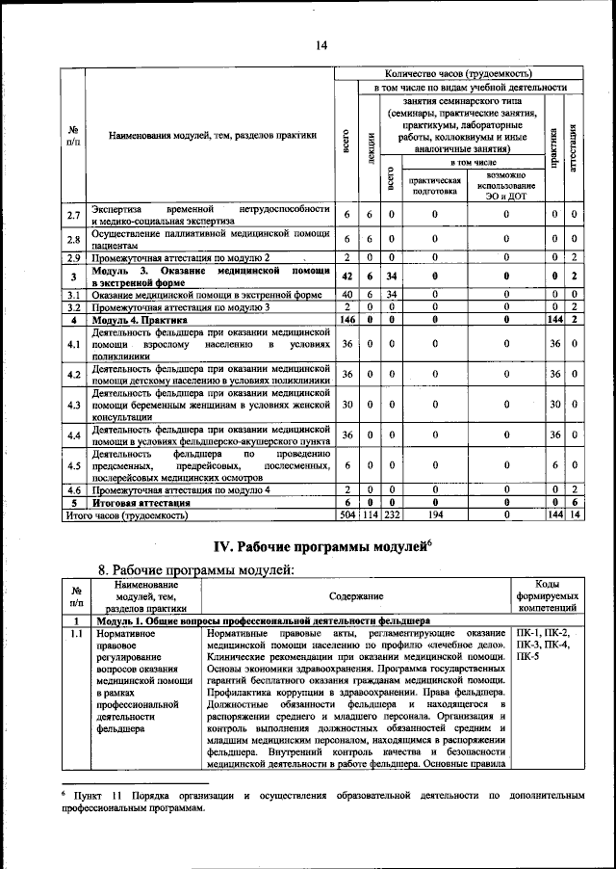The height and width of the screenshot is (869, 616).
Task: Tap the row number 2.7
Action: (x=73, y=216)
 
